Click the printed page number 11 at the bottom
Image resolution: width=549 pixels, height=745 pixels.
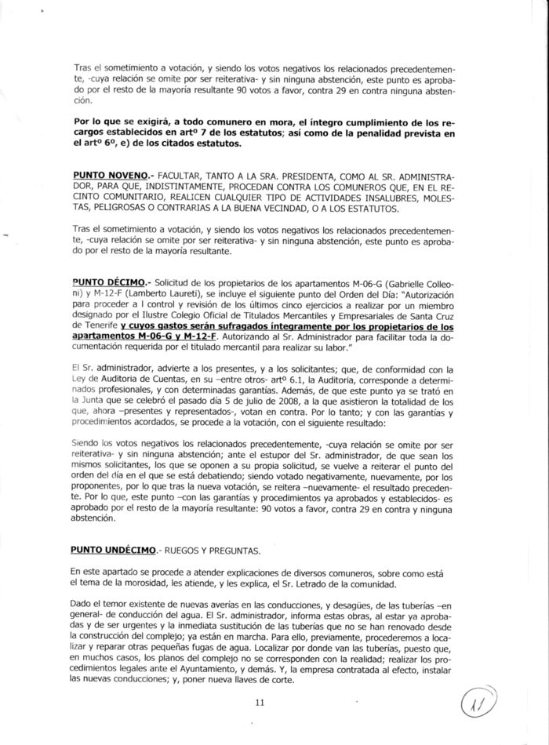pyautogui.click(x=260, y=702)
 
